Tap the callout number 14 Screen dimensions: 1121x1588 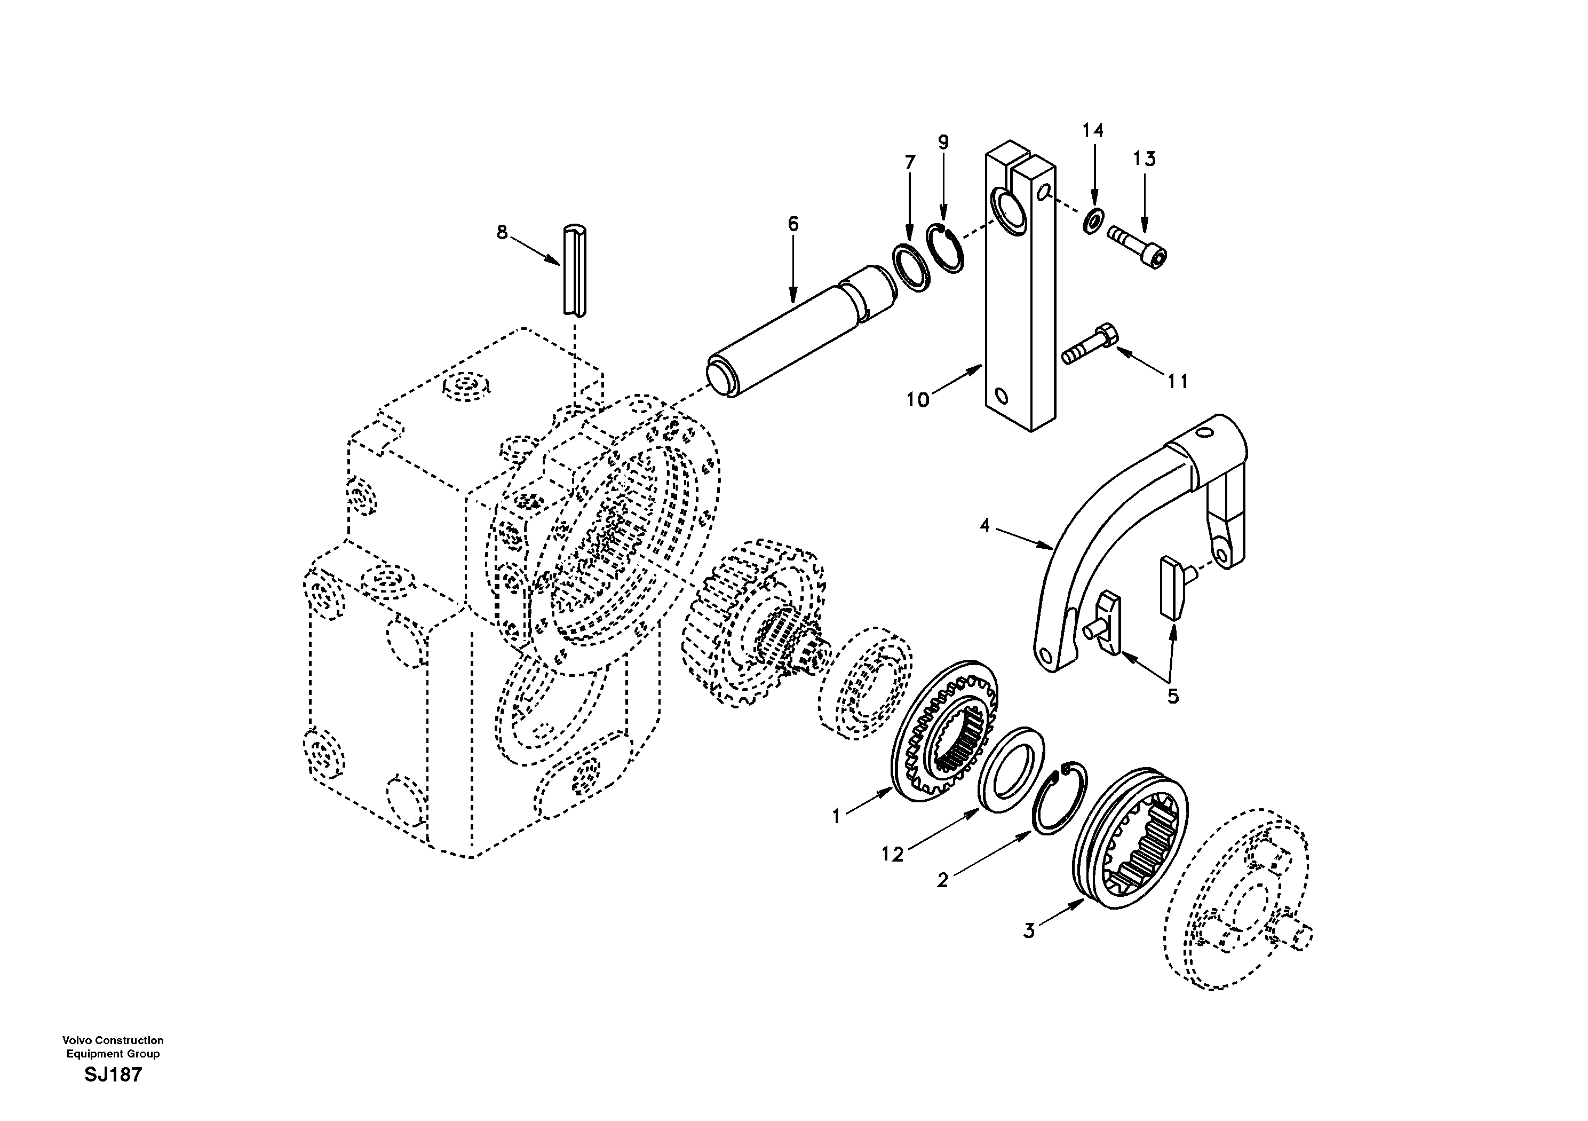point(1093,131)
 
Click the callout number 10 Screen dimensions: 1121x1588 point(918,400)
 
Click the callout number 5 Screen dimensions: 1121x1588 point(1173,696)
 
